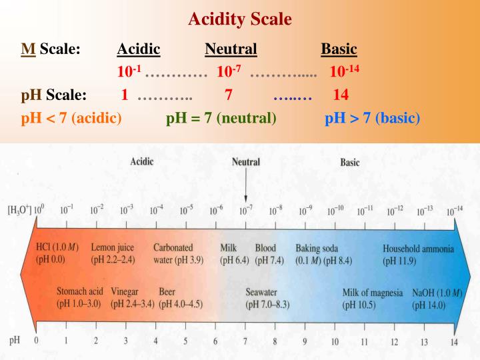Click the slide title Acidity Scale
tap(240, 19)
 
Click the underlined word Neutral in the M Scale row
tap(231, 49)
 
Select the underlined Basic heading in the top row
tap(339, 49)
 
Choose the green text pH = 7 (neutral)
tap(221, 119)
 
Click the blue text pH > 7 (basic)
tap(373, 119)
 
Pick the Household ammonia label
tap(418, 249)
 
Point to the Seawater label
tap(261, 292)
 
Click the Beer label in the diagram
tap(167, 292)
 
